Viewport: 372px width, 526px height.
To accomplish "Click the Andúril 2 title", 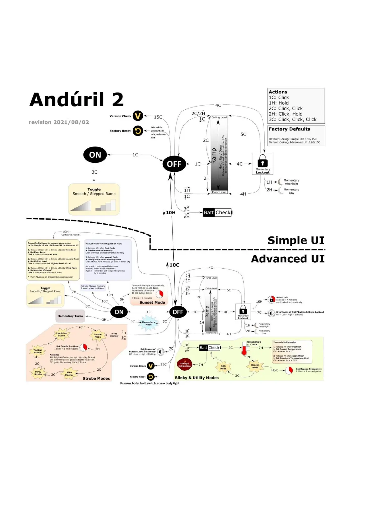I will [77, 100].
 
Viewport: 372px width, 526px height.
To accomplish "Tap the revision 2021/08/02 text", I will [59, 122].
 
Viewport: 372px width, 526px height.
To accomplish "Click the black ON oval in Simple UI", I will [95, 155].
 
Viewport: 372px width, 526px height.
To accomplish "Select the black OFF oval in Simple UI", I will [174, 164].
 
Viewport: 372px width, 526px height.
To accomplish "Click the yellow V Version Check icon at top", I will [138, 116].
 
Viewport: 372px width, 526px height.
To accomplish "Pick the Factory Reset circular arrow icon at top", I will [138, 131].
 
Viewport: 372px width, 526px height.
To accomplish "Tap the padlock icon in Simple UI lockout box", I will [262, 162].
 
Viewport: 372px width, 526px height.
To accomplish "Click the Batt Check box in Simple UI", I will [217, 213].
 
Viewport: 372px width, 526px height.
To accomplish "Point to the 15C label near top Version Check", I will [158, 117].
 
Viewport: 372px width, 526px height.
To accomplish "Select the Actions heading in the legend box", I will [278, 92].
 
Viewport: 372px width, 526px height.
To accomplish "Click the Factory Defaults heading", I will [290, 129].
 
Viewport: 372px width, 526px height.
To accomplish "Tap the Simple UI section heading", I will [296, 240].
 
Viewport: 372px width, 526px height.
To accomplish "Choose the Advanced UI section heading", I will [288, 259].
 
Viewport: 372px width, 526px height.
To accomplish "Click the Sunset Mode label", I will [152, 302].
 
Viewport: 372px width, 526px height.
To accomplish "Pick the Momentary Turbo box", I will [70, 316].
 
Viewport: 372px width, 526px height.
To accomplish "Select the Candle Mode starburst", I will [98, 335].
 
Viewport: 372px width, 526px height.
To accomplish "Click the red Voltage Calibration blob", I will [184, 365].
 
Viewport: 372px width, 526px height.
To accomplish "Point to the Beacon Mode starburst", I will [255, 366].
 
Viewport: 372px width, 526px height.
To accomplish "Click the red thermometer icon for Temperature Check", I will [244, 349].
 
